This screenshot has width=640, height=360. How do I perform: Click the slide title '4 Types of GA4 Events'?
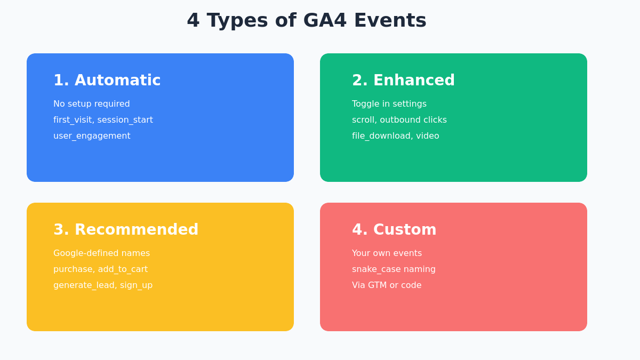point(306,20)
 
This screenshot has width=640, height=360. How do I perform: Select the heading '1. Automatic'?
point(107,81)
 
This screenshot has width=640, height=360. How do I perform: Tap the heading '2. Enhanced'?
point(403,81)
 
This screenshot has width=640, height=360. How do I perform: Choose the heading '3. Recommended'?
point(126,230)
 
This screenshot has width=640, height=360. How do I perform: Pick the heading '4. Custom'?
point(394,230)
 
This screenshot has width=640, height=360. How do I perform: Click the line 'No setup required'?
point(92,104)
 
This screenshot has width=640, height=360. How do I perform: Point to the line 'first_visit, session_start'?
point(103,120)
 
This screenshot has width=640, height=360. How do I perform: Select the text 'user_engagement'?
point(92,136)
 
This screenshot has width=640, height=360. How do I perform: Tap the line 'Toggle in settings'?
point(389,104)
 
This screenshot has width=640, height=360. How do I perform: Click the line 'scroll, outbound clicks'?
point(399,120)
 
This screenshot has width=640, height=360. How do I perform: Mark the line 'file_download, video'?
point(396,136)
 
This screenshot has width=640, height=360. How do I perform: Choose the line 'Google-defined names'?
point(101,253)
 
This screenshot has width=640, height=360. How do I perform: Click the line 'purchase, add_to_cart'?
point(100,269)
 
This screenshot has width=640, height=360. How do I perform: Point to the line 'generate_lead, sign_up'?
point(103,285)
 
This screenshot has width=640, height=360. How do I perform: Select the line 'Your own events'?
point(387,253)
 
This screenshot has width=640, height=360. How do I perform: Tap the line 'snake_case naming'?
point(394,269)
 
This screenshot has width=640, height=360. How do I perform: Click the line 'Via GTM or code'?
point(387,285)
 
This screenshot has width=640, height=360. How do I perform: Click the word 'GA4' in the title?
point(325,20)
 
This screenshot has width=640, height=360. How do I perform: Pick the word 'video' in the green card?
point(427,136)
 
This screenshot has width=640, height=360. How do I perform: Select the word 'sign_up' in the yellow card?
point(137,285)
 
